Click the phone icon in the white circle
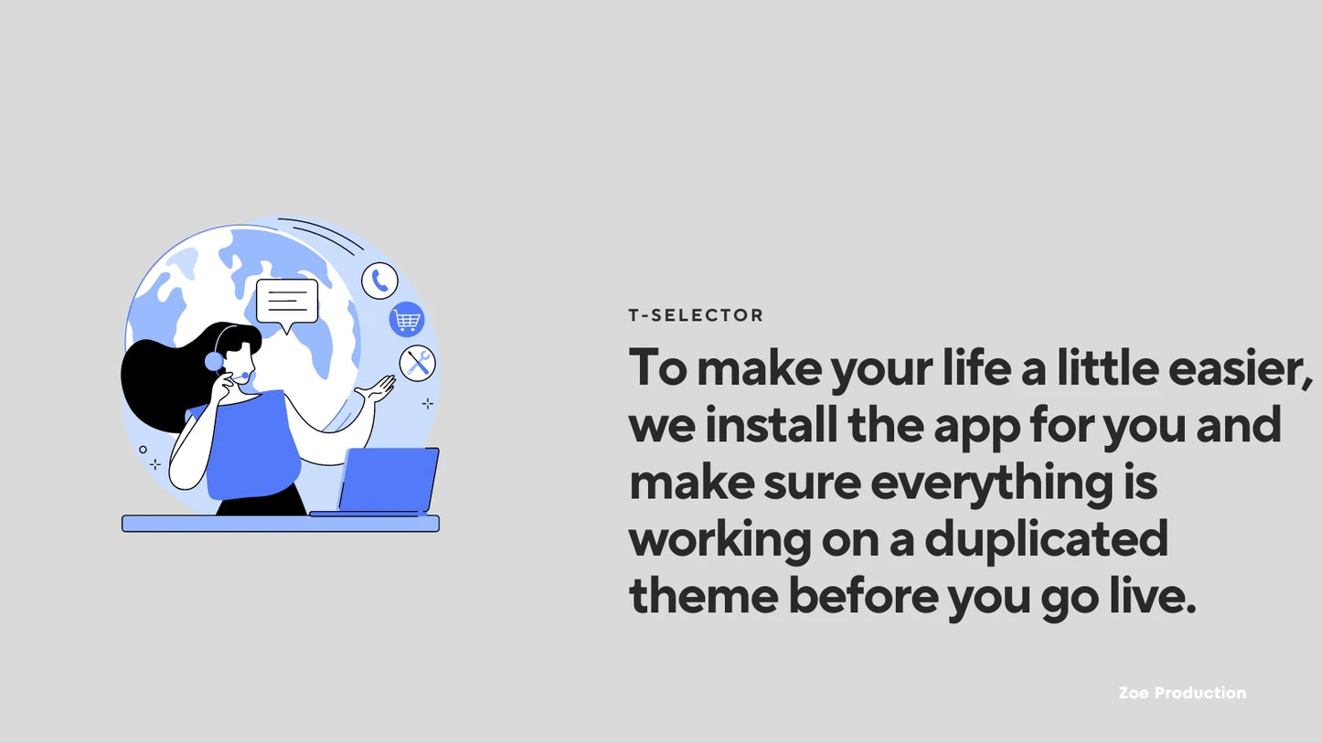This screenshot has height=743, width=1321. click(379, 281)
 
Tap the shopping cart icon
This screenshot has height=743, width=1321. click(407, 320)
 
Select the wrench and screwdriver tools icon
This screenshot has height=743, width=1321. click(418, 363)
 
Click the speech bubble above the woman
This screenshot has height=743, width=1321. click(287, 303)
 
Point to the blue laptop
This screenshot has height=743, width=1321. click(388, 482)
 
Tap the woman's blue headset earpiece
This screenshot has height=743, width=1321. click(214, 361)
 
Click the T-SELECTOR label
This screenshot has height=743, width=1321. click(696, 315)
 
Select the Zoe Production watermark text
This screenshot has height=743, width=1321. click(1181, 693)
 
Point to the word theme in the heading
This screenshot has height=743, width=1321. click(703, 597)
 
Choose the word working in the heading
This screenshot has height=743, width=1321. click(719, 541)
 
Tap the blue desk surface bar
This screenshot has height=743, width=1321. click(280, 524)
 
